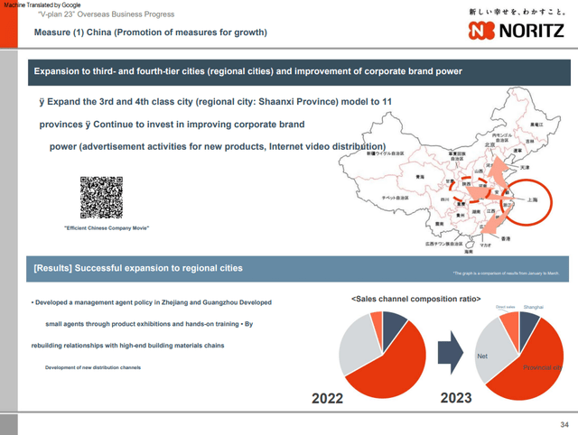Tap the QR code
(101, 196)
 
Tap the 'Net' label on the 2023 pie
(481, 357)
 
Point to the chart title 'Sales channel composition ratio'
(415, 298)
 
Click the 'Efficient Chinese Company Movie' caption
(107, 227)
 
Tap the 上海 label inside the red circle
(534, 202)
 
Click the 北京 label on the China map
(490, 143)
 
